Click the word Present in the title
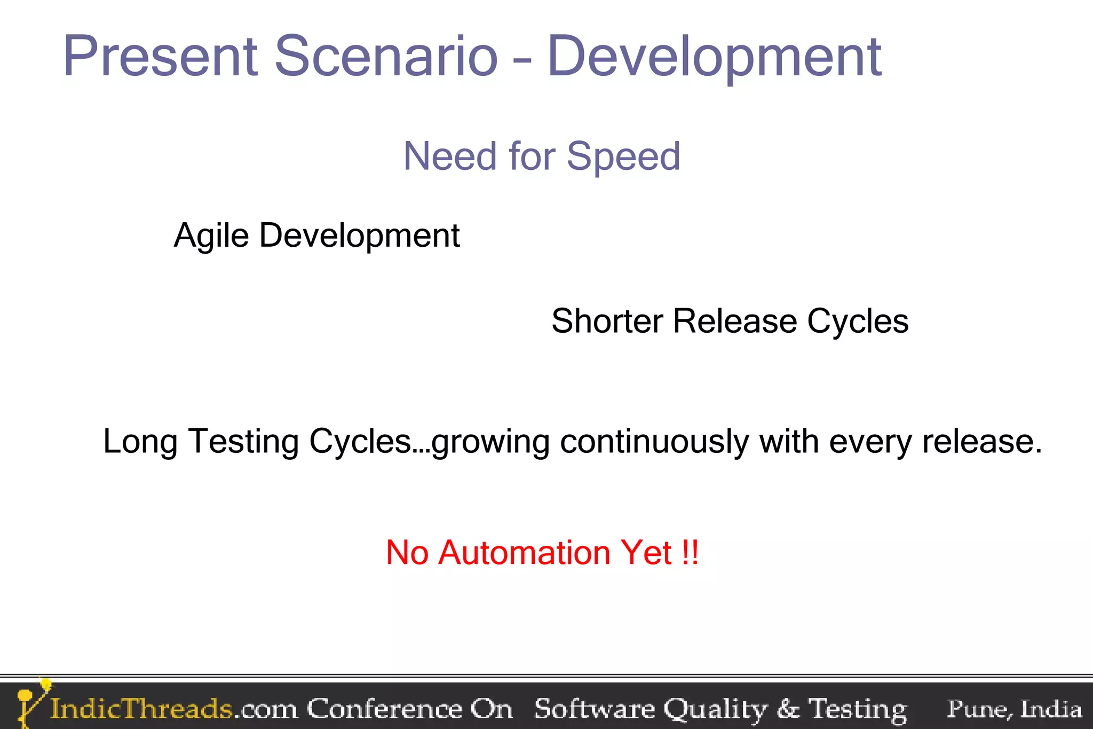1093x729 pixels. click(160, 56)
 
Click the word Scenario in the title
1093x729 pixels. click(386, 56)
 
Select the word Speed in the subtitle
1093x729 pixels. click(623, 157)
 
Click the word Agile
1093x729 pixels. click(211, 236)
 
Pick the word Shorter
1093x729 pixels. click(607, 321)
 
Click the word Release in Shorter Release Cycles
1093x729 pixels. click(735, 321)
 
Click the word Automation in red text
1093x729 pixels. click(524, 552)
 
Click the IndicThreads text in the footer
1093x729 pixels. click(141, 709)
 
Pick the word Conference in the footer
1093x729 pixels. click(384, 709)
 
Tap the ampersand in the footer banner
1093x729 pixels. click(788, 709)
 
